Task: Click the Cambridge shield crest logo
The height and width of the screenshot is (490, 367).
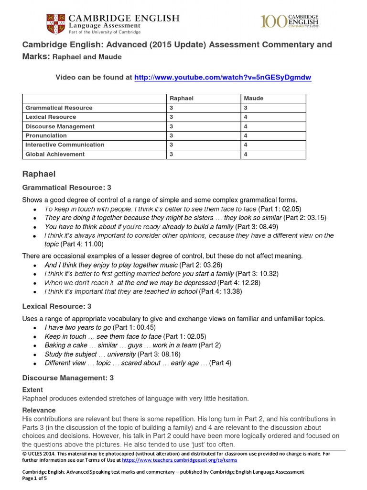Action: coord(56,24)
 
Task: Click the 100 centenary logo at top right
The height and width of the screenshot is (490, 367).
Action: coord(289,21)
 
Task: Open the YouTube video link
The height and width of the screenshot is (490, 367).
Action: coord(223,77)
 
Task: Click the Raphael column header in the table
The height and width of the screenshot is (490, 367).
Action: coord(181,98)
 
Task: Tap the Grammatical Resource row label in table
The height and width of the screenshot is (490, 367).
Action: coord(59,108)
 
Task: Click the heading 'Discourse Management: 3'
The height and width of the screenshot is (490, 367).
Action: coord(68,378)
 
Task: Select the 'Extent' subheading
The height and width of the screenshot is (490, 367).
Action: coord(32,390)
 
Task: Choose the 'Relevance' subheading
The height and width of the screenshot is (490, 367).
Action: coord(39,410)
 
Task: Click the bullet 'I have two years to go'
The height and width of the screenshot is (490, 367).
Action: coord(77,327)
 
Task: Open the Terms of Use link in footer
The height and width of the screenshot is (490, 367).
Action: coord(179,460)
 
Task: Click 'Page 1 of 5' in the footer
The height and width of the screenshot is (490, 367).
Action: coord(36,479)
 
